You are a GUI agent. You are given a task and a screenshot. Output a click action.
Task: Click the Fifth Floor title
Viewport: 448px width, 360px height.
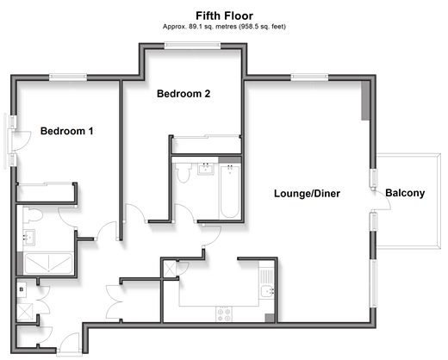pyautogui.click(x=224, y=16)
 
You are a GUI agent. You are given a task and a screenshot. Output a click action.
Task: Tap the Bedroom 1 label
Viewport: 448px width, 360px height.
pyautogui.click(x=66, y=131)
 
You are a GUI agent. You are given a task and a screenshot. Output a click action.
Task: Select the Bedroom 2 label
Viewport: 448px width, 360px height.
pyautogui.click(x=184, y=94)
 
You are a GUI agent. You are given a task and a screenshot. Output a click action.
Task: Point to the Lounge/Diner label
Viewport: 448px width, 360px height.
pyautogui.click(x=307, y=194)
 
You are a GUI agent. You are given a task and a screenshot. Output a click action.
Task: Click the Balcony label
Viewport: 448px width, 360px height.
pyautogui.click(x=405, y=193)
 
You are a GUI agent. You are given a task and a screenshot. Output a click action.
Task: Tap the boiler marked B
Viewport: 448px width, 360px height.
pyautogui.click(x=22, y=289)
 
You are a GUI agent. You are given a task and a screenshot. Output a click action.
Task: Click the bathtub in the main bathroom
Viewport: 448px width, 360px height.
pyautogui.click(x=229, y=191)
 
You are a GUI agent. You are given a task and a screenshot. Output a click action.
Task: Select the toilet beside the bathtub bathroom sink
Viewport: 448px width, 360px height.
pyautogui.click(x=184, y=172)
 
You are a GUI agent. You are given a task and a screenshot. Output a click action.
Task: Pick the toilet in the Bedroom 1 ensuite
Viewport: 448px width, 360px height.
pyautogui.click(x=33, y=215)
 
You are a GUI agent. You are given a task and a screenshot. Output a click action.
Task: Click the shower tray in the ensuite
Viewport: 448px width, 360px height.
pyautogui.click(x=48, y=264)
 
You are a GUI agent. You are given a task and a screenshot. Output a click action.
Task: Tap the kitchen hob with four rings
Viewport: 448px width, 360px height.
pyautogui.click(x=224, y=314)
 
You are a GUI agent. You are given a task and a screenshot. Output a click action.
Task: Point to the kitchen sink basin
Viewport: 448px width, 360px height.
pyautogui.click(x=268, y=292)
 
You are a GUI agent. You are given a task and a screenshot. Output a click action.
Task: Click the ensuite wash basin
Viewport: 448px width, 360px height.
pyautogui.click(x=28, y=237)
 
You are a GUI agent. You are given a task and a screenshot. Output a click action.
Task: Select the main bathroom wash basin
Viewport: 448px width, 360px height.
pyautogui.click(x=206, y=169)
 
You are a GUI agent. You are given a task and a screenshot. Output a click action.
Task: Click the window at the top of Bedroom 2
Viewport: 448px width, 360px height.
pyautogui.click(x=192, y=46)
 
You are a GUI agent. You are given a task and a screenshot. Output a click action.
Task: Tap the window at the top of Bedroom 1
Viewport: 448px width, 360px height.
pyautogui.click(x=68, y=77)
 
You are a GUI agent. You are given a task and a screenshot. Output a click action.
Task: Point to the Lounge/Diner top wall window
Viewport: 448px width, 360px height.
pyautogui.click(x=309, y=77)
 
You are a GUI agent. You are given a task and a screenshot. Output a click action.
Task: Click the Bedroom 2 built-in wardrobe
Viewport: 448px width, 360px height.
pyautogui.click(x=206, y=145)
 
